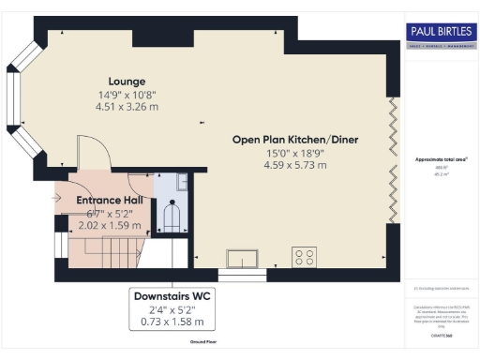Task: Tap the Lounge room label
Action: point(127,81)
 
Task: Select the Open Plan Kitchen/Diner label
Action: point(295,140)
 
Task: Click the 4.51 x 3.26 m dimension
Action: point(127,106)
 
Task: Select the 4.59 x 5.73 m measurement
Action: point(295,165)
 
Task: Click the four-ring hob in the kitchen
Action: point(305,254)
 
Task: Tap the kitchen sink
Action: point(242,256)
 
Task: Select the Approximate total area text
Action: point(440,160)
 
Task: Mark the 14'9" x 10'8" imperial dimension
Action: point(127,94)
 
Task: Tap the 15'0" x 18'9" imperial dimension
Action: point(295,153)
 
